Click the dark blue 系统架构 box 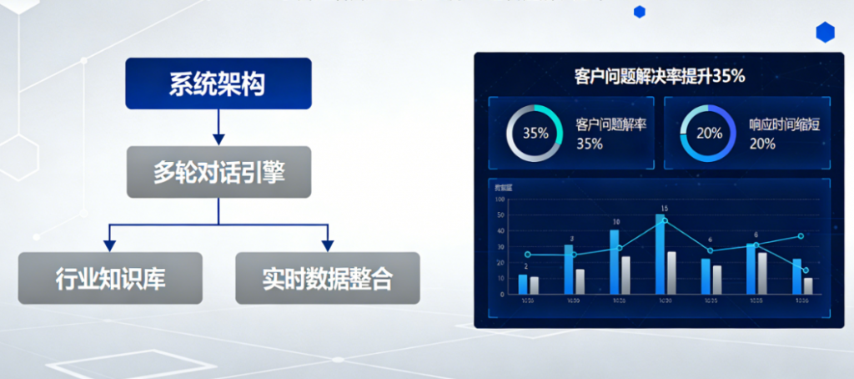[x=219, y=83]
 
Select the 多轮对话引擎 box [x=219, y=172]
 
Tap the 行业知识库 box [x=110, y=278]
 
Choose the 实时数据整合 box [x=327, y=278]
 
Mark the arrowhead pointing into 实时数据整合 [x=328, y=245]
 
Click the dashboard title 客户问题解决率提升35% [x=659, y=76]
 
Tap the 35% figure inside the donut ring [x=535, y=133]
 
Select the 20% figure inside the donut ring [x=709, y=133]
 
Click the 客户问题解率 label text [x=612, y=124]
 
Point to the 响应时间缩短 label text [x=784, y=124]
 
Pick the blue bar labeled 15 [x=661, y=255]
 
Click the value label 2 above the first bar [x=525, y=266]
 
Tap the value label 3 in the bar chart [x=571, y=238]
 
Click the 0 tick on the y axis [x=502, y=294]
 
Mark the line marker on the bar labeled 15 [x=665, y=220]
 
